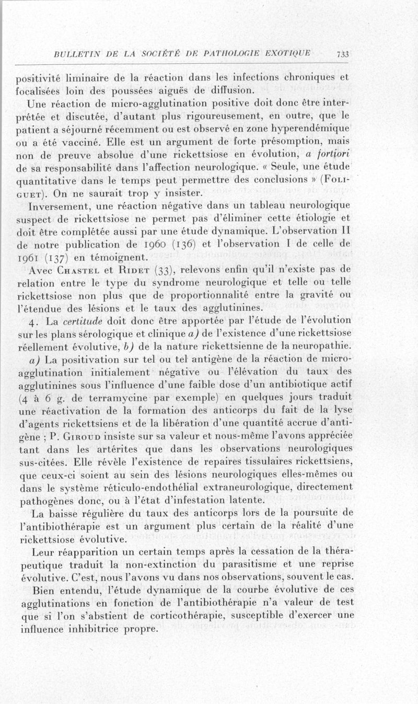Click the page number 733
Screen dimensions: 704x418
[x=343, y=54]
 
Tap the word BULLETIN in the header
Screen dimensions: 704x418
[x=73, y=53]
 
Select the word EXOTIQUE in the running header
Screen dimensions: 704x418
[x=288, y=53]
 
